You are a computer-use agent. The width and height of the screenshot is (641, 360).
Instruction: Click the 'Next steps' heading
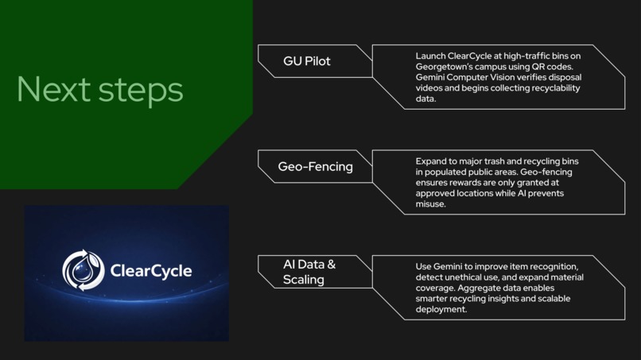click(99, 89)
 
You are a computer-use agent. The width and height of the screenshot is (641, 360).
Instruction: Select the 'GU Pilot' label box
click(307, 61)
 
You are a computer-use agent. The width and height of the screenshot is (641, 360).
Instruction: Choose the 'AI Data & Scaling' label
click(309, 272)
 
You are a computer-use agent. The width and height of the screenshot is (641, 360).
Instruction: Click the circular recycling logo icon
click(84, 271)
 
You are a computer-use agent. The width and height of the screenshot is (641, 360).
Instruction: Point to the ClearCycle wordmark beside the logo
click(151, 272)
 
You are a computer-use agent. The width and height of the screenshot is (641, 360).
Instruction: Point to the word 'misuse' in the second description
click(430, 204)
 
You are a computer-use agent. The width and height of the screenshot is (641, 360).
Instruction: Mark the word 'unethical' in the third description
click(456, 277)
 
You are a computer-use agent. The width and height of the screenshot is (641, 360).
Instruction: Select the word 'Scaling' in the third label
click(304, 280)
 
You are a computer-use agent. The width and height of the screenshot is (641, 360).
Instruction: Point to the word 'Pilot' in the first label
click(317, 61)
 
